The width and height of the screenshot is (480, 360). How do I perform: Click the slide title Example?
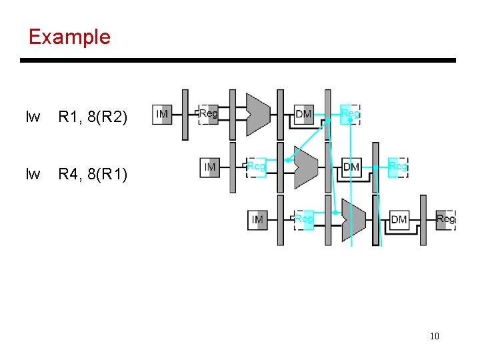click(69, 37)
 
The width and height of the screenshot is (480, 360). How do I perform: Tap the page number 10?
click(434, 336)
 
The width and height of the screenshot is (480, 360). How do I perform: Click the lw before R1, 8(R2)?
click(33, 118)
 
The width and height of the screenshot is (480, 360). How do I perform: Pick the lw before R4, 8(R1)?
click(33, 175)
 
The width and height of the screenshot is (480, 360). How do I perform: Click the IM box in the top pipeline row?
click(162, 114)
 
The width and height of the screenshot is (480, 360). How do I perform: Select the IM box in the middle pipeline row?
click(210, 167)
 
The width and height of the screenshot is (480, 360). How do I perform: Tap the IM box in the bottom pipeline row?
click(257, 219)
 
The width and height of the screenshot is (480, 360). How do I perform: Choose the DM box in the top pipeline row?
click(304, 114)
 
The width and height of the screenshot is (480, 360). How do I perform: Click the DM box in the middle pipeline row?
click(351, 167)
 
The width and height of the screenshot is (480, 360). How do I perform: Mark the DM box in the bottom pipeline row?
click(399, 219)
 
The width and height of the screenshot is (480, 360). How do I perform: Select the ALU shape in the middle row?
click(305, 166)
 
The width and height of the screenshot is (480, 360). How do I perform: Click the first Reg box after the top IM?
click(209, 114)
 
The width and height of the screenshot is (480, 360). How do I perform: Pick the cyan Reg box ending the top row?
click(350, 114)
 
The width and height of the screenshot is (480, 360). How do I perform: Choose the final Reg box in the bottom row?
click(445, 219)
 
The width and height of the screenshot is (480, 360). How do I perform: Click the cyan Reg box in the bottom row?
click(304, 219)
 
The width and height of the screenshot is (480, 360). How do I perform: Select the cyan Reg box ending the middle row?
click(397, 167)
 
